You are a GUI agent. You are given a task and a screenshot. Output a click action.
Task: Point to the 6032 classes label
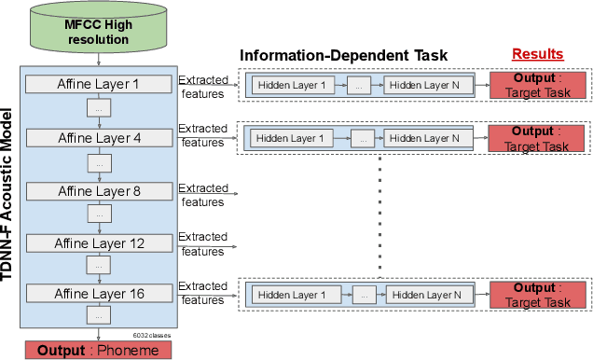(152, 334)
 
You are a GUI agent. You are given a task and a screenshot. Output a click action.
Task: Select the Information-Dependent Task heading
(344, 56)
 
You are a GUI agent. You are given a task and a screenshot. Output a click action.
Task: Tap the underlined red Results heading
(538, 55)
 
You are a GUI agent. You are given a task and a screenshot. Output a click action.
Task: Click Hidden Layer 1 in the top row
(291, 86)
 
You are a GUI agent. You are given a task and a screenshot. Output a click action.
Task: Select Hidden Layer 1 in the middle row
(291, 139)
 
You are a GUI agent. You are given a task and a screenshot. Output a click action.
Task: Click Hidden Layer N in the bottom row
(425, 295)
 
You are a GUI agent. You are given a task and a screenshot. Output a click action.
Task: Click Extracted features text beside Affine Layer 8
(202, 194)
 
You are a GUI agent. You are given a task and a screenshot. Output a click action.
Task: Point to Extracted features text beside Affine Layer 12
(202, 243)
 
